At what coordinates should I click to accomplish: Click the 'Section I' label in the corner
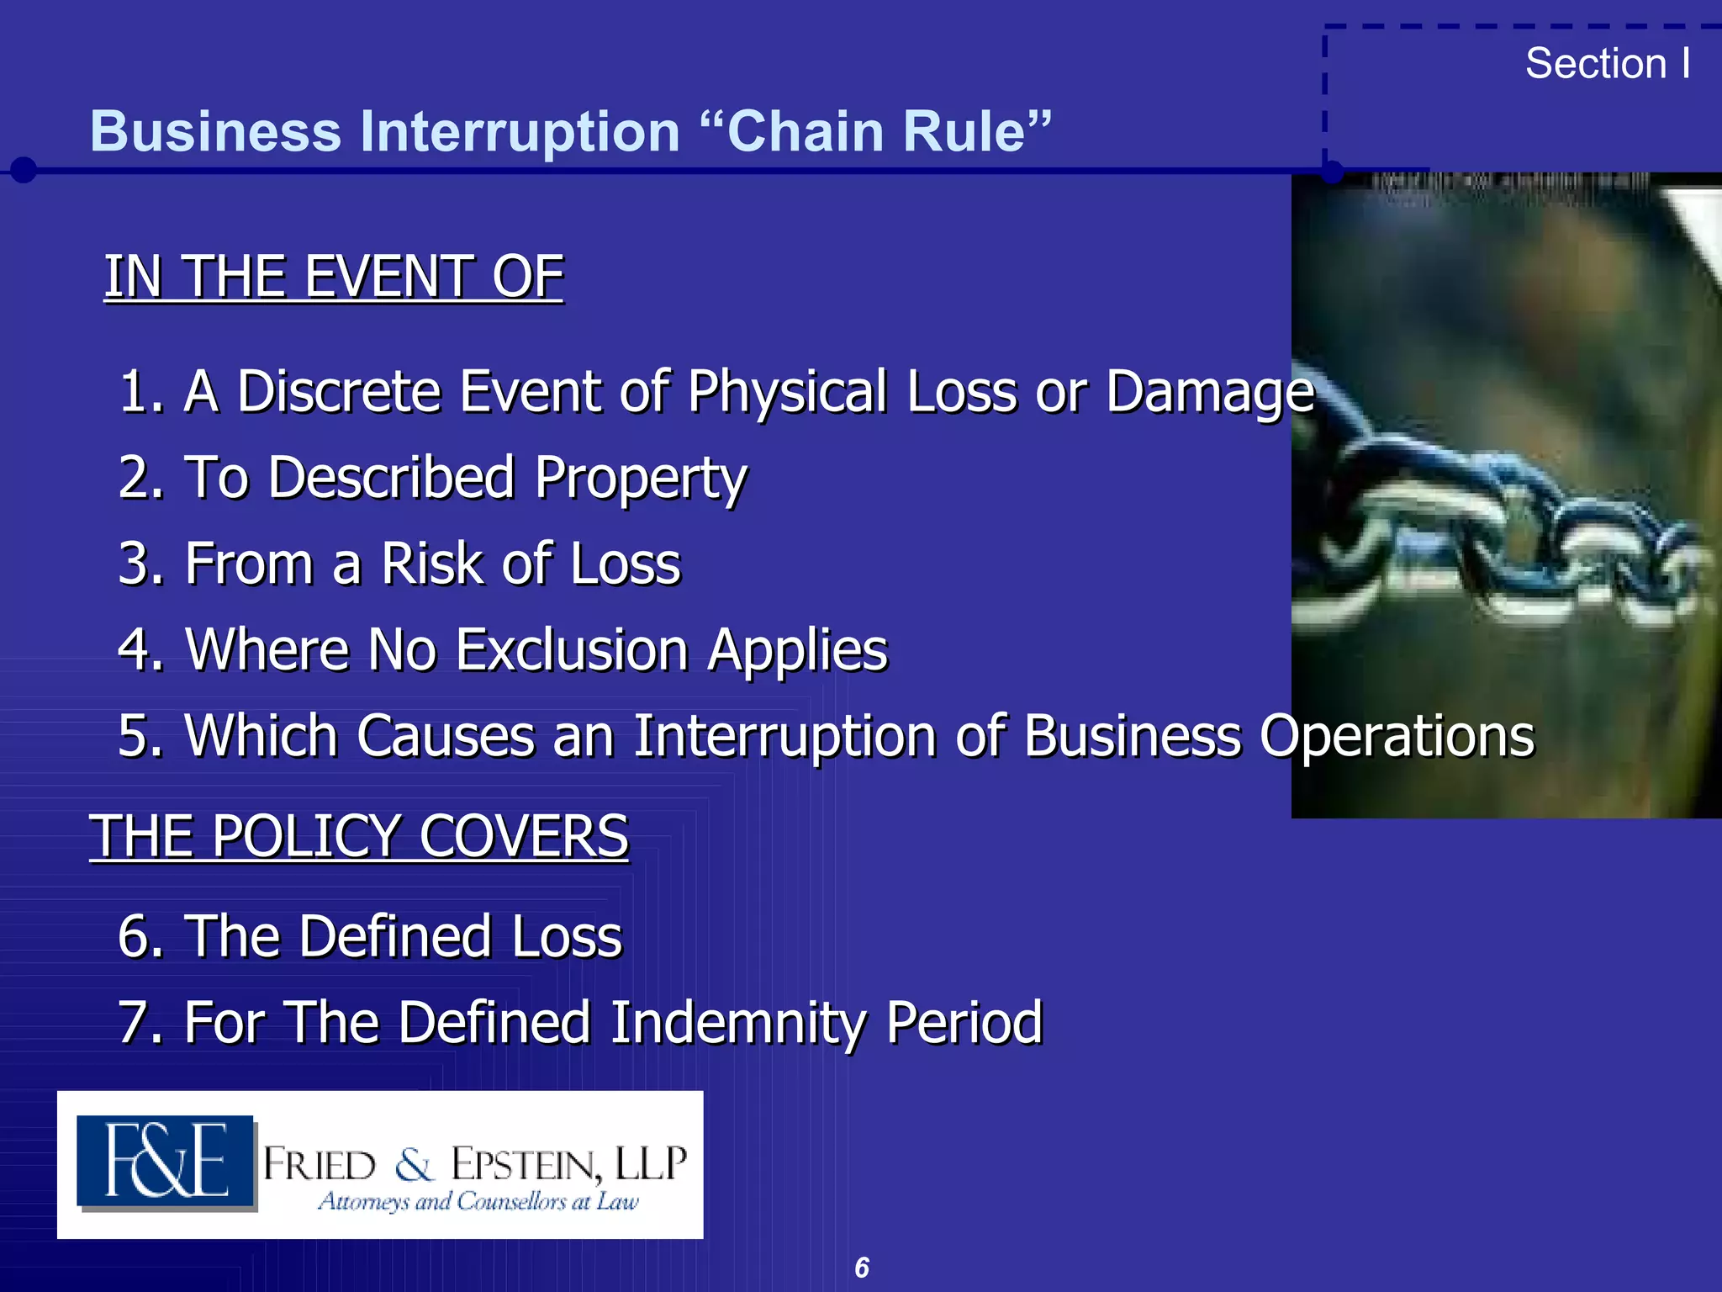[x=1607, y=64]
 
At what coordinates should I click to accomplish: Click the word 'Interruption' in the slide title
[x=511, y=132]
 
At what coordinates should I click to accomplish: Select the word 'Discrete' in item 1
[x=338, y=392]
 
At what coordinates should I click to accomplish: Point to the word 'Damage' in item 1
[x=1209, y=394]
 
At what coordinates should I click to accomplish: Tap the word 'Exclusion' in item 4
[x=572, y=649]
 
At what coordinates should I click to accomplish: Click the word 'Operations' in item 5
[x=1397, y=736]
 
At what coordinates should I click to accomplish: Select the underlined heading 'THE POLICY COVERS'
[x=359, y=836]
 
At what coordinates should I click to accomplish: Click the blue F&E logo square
[x=166, y=1162]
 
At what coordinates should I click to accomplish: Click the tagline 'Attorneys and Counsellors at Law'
[x=478, y=1201]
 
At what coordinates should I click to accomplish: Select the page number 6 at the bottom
[x=862, y=1268]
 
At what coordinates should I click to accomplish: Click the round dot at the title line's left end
[x=24, y=170]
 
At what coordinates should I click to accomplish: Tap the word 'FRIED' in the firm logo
[x=320, y=1166]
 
